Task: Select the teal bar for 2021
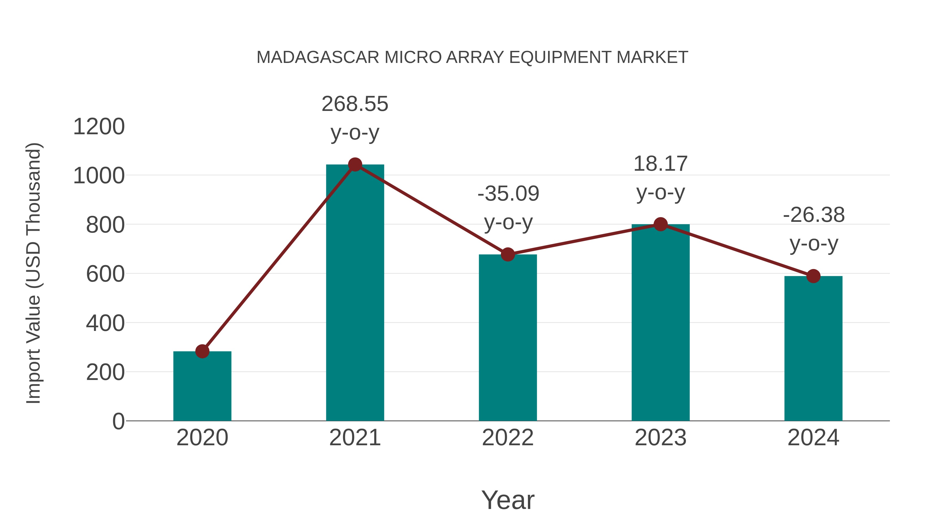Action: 355,293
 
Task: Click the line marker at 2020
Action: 202,351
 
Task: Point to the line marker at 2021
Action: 355,165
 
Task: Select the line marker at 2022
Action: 508,254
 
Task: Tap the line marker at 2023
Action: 660,224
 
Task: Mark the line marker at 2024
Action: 813,276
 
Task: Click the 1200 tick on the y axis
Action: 99,127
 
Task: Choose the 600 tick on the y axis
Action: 105,274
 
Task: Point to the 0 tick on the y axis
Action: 118,421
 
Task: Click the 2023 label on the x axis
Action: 660,438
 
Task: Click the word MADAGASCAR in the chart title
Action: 318,57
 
